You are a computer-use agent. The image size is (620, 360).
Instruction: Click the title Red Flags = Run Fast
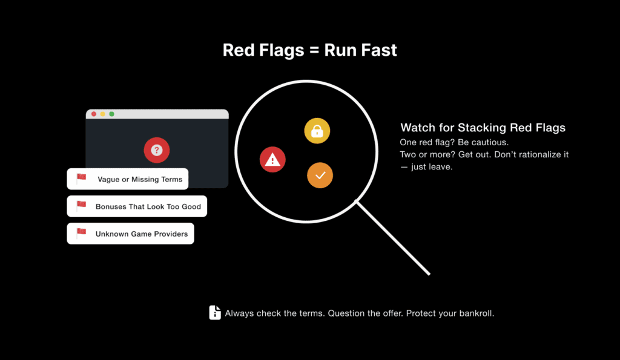click(x=309, y=50)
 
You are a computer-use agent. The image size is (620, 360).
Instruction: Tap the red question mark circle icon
click(x=157, y=150)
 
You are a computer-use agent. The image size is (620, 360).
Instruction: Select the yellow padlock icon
click(x=317, y=131)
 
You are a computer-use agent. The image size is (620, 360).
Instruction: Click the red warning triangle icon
click(x=272, y=160)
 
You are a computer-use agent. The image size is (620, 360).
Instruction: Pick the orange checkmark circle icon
click(x=320, y=175)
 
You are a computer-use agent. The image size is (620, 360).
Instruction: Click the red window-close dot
click(x=94, y=114)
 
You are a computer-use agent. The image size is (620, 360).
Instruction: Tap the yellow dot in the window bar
click(x=103, y=114)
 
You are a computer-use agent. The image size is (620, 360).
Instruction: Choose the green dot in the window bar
click(x=112, y=114)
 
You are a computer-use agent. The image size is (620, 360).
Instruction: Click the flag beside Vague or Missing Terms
click(x=82, y=178)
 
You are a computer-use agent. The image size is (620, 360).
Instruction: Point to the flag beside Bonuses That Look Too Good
click(x=82, y=205)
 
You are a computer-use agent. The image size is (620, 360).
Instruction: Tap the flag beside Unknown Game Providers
click(x=82, y=232)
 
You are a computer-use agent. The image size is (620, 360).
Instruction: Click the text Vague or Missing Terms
click(x=140, y=180)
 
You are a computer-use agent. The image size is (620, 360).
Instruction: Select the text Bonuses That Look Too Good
click(x=148, y=207)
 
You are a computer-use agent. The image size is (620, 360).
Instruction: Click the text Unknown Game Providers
click(x=142, y=234)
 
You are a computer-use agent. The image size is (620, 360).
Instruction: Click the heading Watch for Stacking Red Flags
click(x=483, y=128)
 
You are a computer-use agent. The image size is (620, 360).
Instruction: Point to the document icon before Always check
click(x=215, y=313)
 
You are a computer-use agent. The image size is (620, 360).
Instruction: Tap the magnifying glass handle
click(x=393, y=238)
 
